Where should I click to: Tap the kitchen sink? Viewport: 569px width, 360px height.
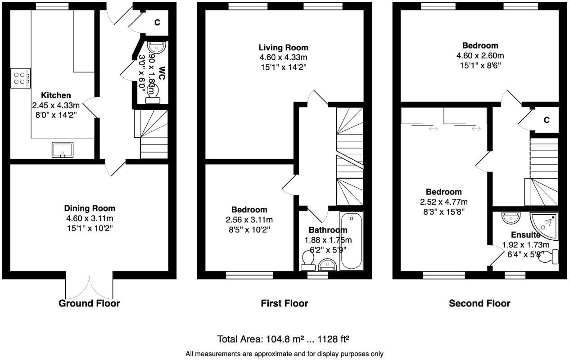tap(62, 149)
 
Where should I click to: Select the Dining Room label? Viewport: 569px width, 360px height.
tap(90, 208)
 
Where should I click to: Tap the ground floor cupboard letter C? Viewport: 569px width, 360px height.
tap(157, 22)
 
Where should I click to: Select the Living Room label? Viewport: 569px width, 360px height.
tap(283, 48)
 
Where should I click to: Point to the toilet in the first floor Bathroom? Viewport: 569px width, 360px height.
tap(308, 260)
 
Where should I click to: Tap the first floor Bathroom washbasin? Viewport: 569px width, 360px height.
tap(327, 265)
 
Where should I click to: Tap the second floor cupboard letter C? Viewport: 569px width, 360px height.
tap(546, 120)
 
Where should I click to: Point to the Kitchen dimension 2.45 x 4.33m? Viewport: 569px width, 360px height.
tap(55, 105)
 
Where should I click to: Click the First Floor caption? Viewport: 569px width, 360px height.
tap(284, 303)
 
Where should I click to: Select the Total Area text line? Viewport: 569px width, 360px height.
tap(284, 339)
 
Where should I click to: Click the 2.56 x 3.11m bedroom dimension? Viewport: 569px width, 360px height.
tap(249, 220)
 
